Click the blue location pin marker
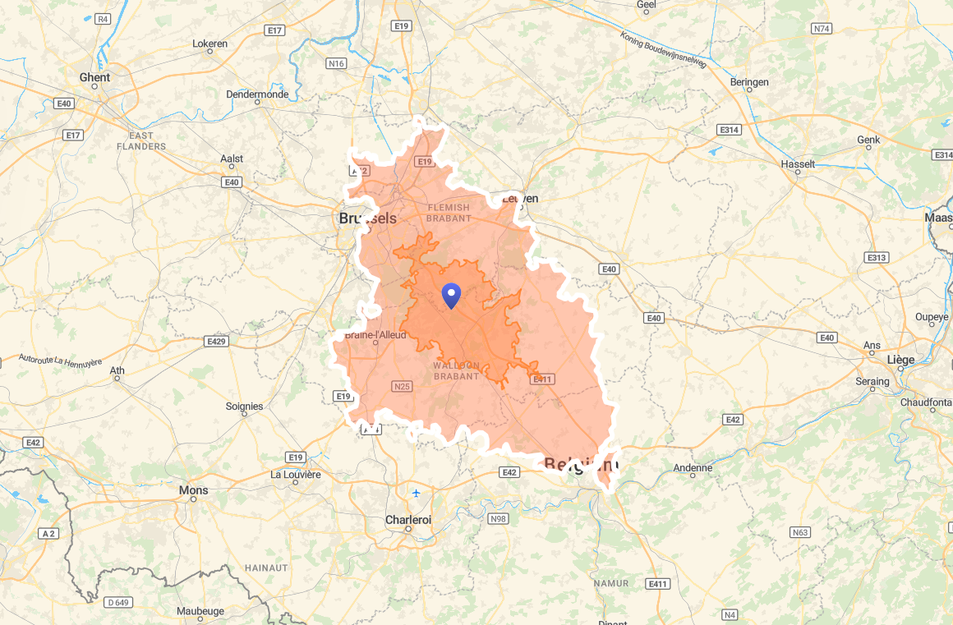tap(451, 294)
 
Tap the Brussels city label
tap(367, 218)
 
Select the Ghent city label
tap(94, 77)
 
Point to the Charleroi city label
tap(408, 520)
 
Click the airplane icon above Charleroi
tap(417, 493)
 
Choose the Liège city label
tap(900, 360)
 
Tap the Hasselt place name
tap(798, 164)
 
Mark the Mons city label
tap(193, 490)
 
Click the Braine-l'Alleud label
tap(375, 335)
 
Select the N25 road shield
tap(402, 386)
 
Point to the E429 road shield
tap(216, 341)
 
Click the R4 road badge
tap(103, 18)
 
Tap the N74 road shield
tap(821, 28)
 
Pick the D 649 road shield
tap(118, 602)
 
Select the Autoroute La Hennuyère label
tap(61, 361)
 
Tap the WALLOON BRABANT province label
tap(456, 370)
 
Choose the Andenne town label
tap(693, 468)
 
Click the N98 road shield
tap(498, 519)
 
